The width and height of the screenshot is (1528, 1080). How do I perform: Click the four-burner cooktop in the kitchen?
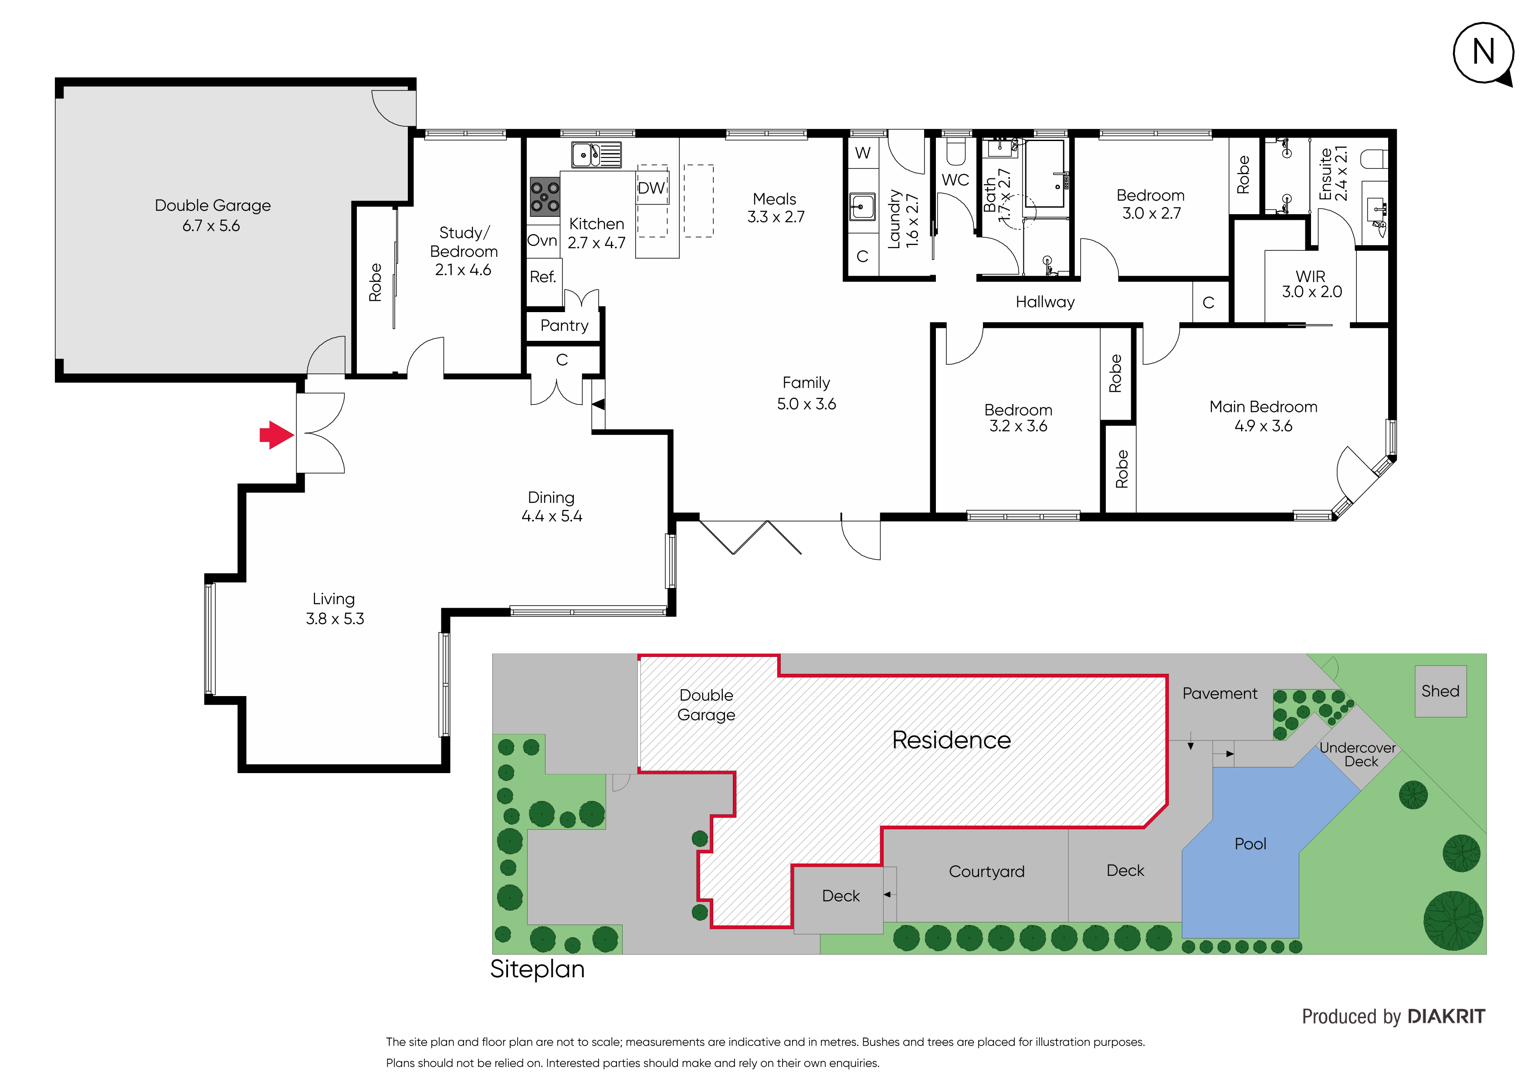[x=544, y=196]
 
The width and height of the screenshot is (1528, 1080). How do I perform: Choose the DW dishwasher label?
[x=651, y=188]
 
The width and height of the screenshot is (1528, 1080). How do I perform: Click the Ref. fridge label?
[x=542, y=277]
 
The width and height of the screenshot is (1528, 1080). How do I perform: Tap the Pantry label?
[x=564, y=325]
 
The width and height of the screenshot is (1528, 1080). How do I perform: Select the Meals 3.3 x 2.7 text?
[x=775, y=208]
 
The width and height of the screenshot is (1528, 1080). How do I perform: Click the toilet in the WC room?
[x=955, y=152]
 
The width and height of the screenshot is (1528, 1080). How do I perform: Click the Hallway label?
[x=1045, y=302]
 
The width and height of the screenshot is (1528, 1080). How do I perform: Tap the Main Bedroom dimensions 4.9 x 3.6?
[x=1263, y=426]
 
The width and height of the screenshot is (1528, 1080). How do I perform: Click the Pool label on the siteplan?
[x=1250, y=844]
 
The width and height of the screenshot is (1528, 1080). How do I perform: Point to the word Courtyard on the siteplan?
[x=986, y=872]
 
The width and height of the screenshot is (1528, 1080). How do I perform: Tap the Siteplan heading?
[x=537, y=969]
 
